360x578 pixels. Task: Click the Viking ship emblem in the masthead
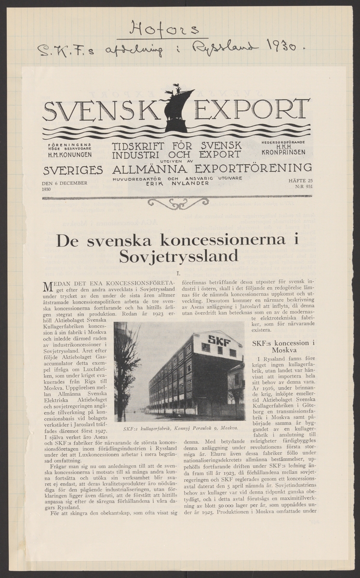[x=176, y=109]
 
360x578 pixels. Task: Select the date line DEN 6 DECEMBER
[x=64, y=183]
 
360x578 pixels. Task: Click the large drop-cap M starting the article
[x=48, y=286]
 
